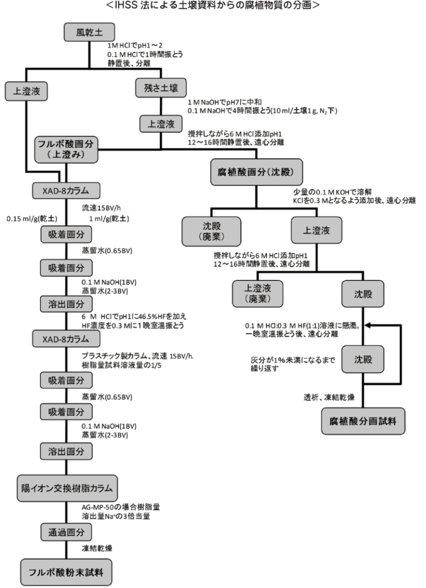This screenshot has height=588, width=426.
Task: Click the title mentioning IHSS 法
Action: click(x=213, y=6)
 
